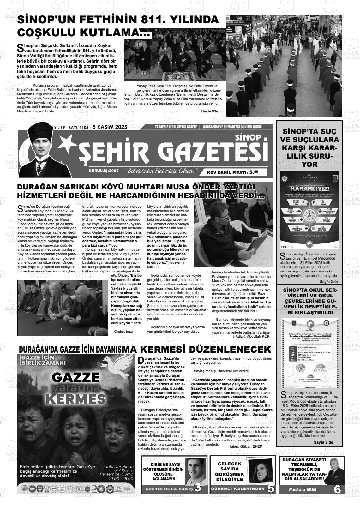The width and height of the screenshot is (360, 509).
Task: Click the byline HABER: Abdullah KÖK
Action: (x=251, y=336)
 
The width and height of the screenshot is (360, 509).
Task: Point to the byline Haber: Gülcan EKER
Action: (x=245, y=446)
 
